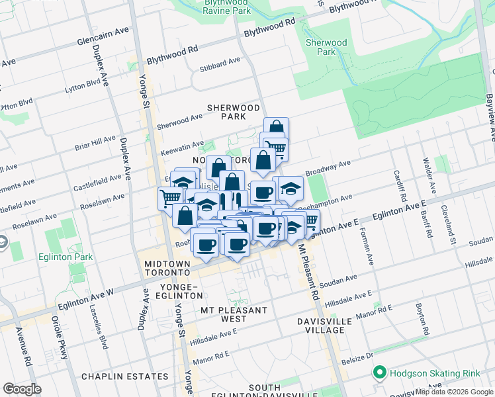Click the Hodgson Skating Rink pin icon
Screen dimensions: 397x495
[x=379, y=373]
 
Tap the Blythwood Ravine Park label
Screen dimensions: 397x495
[x=227, y=7]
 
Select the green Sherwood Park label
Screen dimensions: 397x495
[x=326, y=47]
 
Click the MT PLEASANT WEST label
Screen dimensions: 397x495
[x=234, y=314]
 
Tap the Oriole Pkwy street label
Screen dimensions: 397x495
[x=60, y=337]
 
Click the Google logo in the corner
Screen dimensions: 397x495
[x=22, y=389]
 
